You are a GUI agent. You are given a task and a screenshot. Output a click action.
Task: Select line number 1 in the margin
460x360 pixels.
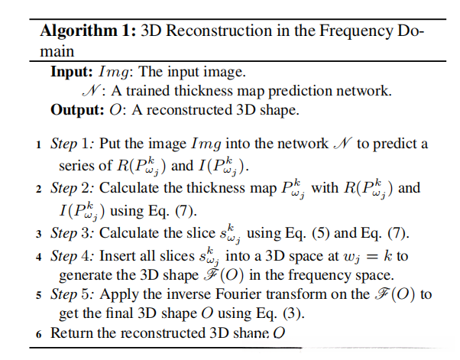pyautogui.click(x=37, y=144)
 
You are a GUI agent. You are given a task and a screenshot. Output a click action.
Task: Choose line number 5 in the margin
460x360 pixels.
pyautogui.click(x=37, y=295)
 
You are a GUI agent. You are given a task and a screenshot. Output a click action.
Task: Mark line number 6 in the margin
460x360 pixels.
pyautogui.click(x=37, y=333)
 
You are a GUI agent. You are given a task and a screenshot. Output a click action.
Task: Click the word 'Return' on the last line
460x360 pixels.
pyautogui.click(x=70, y=333)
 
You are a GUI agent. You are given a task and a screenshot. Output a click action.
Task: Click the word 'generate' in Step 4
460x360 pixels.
pyautogui.click(x=84, y=275)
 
